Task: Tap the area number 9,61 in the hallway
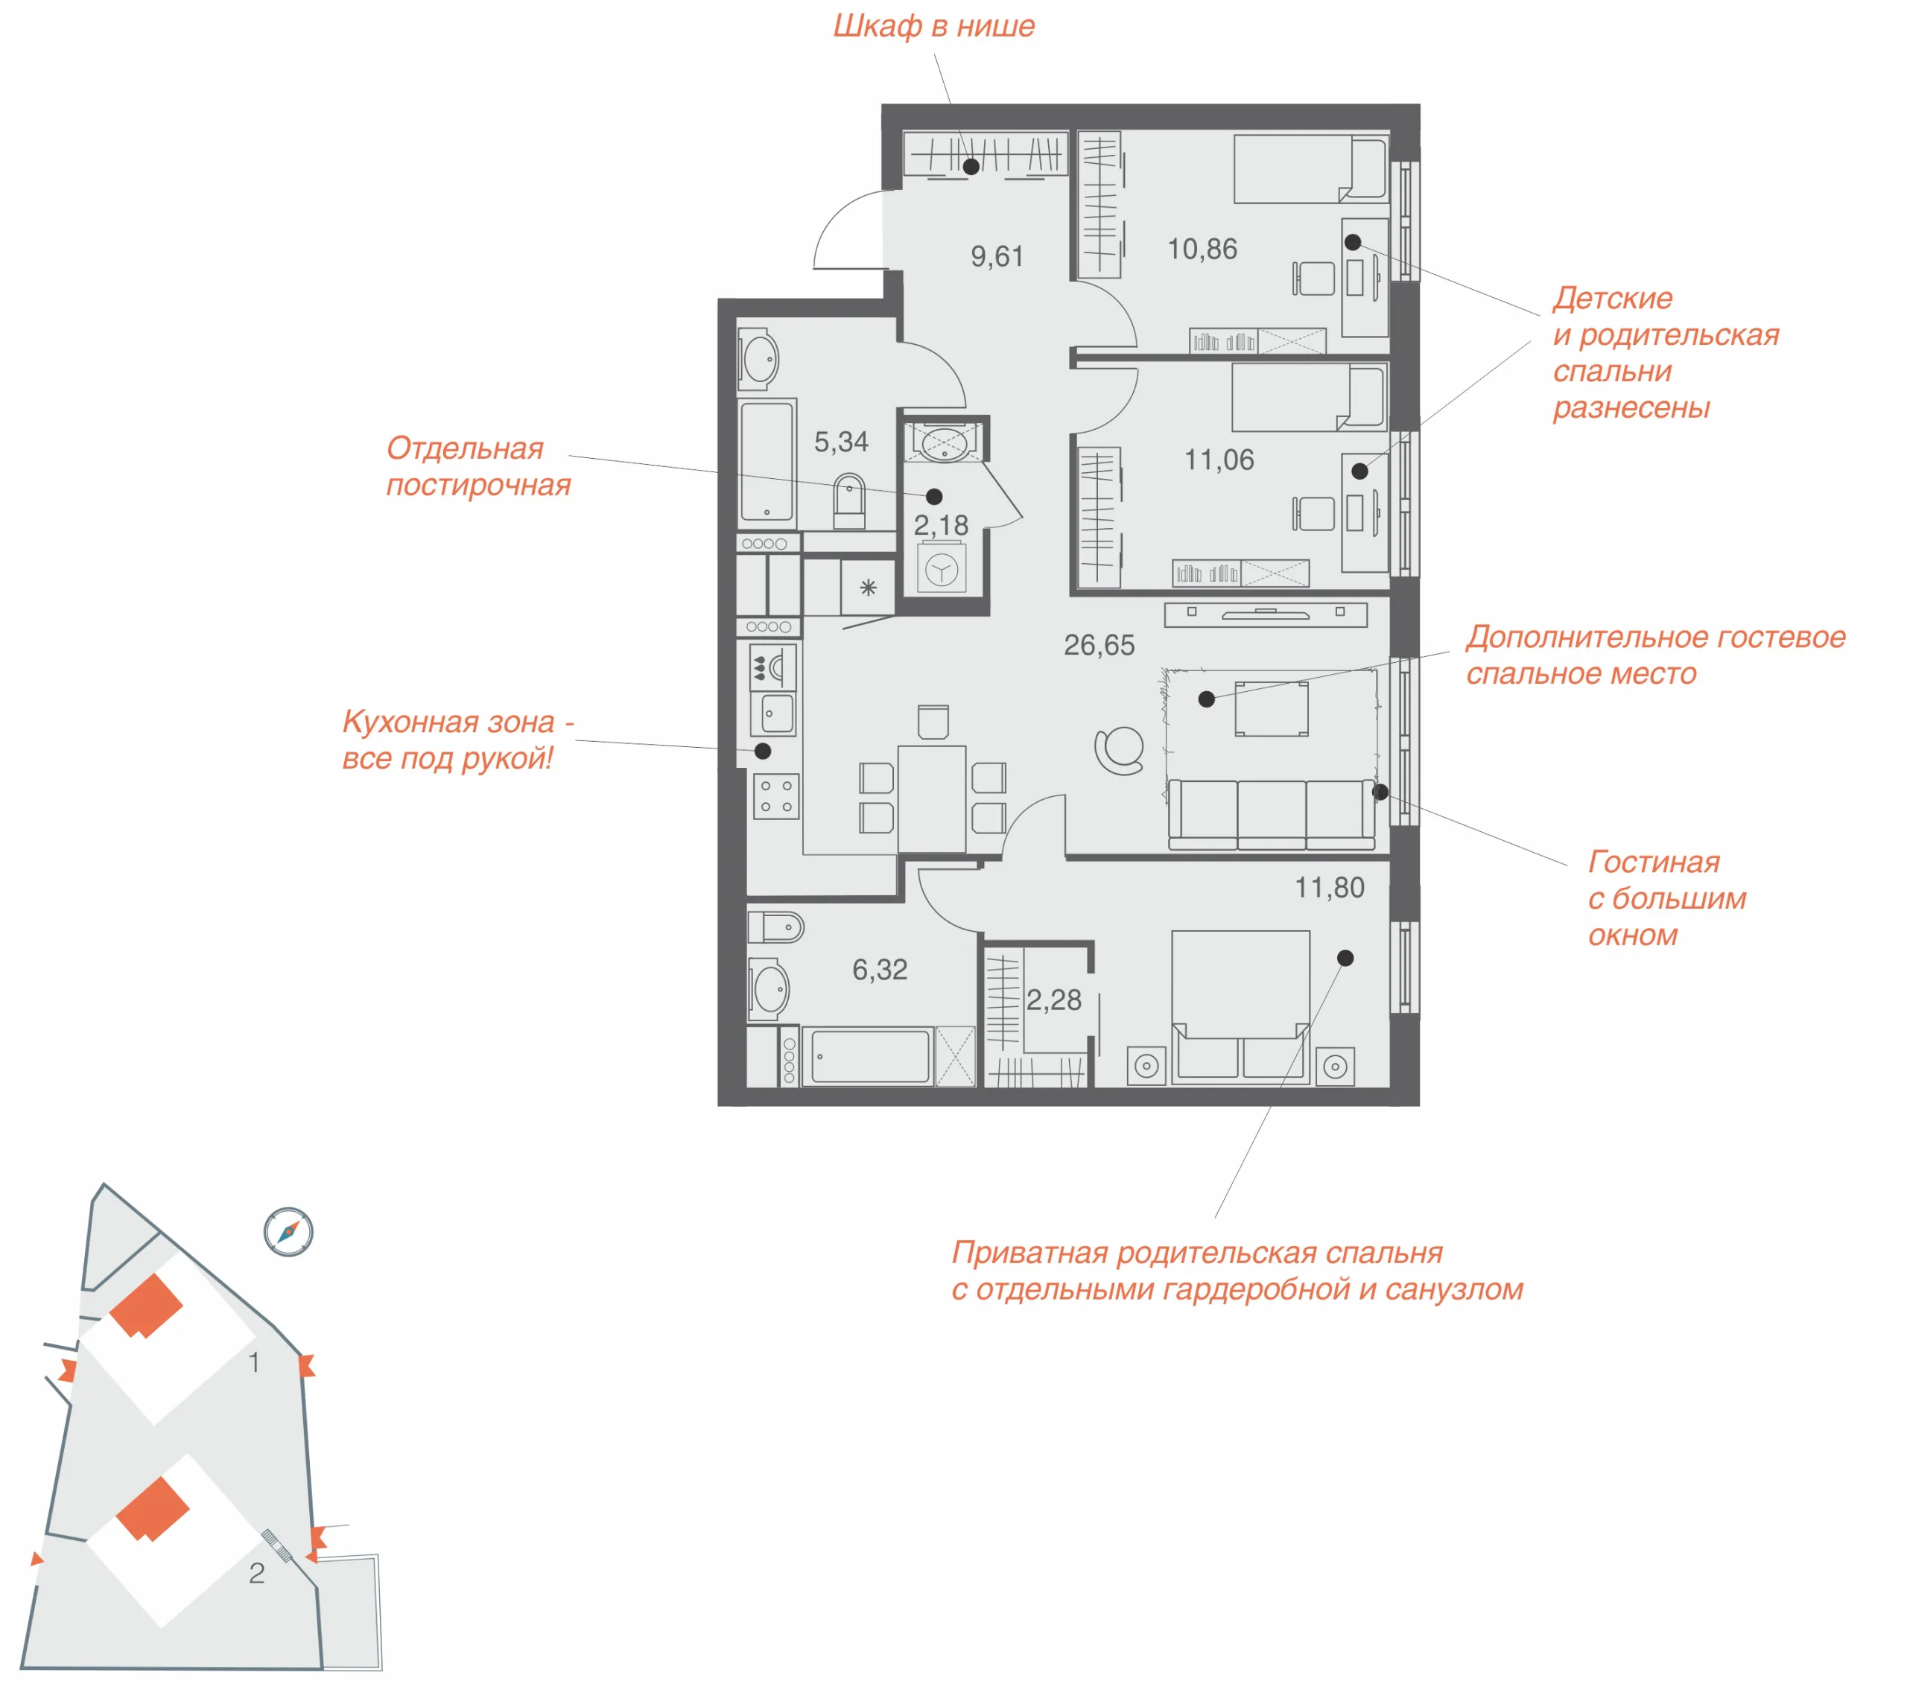[997, 255]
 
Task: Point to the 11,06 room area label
[1219, 460]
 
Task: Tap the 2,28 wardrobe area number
[1054, 1000]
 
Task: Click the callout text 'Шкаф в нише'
[934, 26]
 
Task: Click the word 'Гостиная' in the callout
[1654, 861]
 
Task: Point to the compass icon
[288, 1233]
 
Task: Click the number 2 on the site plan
[256, 1573]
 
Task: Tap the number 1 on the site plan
[254, 1362]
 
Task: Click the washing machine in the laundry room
[942, 568]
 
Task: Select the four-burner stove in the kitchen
[776, 795]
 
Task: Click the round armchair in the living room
[1120, 751]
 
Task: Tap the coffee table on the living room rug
[1272, 709]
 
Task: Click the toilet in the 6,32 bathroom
[775, 927]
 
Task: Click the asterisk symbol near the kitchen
[868, 588]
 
